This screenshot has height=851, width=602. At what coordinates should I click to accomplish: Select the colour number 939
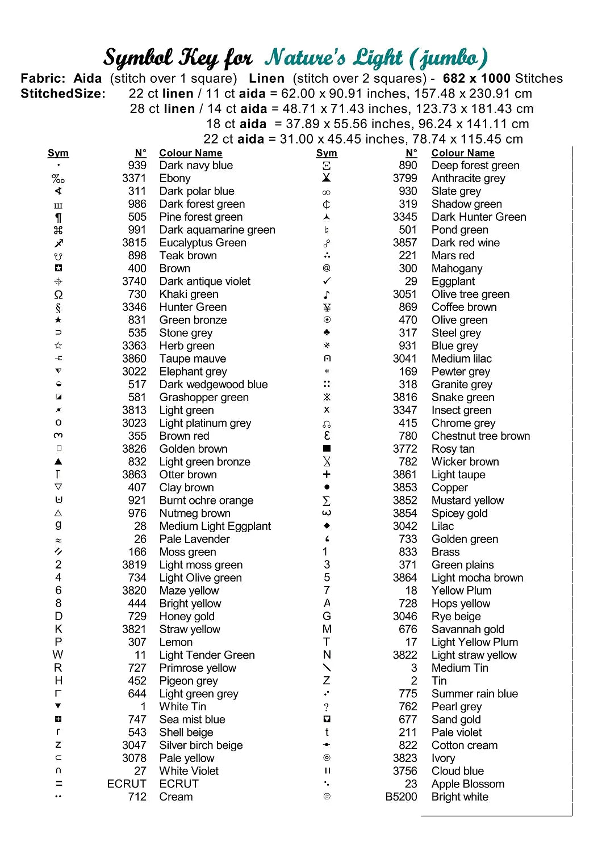coord(137,165)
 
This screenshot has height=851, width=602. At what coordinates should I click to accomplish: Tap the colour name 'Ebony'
coord(175,178)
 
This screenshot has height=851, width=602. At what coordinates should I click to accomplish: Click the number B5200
coord(401,797)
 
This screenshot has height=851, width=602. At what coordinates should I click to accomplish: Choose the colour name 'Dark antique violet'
coord(204,281)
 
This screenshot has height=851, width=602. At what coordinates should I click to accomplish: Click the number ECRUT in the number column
coord(127,783)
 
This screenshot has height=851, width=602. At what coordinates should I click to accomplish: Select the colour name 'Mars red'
coord(453,255)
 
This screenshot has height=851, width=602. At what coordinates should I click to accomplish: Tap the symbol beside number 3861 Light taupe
coord(327,474)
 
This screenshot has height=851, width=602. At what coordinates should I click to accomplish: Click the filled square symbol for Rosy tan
coord(327,449)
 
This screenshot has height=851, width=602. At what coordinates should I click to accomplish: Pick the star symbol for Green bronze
coord(58,320)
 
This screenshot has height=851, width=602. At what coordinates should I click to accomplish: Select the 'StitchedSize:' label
coord(63,94)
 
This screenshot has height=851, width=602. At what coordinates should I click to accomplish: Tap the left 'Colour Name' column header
coord(190,153)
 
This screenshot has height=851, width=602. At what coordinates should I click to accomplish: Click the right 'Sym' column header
coord(327,153)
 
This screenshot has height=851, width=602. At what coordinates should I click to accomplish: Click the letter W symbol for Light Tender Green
coord(58,655)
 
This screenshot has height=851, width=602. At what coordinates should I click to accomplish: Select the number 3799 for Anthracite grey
coord(405,178)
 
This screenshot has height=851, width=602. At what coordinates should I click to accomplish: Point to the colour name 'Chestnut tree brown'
coord(480,436)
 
